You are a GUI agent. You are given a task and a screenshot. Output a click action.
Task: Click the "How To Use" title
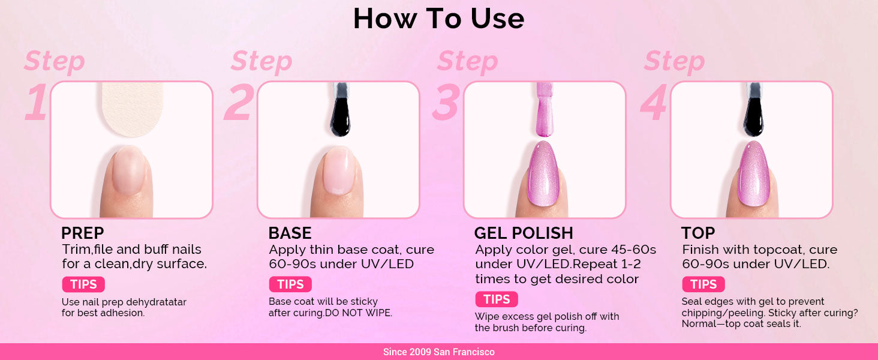point(438,19)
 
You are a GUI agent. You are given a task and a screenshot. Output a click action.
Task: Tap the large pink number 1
point(36,101)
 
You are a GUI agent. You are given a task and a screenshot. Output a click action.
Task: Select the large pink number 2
point(239,101)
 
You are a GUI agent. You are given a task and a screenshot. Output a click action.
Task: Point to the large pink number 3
point(446,101)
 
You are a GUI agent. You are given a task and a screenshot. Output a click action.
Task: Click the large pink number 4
point(654,101)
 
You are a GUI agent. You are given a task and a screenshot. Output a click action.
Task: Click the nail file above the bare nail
point(133,109)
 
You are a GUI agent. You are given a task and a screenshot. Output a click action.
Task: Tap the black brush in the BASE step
point(340,110)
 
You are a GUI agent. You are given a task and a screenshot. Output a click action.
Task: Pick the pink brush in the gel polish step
point(545,109)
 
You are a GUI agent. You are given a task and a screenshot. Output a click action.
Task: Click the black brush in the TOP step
point(753,110)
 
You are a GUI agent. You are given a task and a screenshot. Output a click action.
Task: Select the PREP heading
point(82,233)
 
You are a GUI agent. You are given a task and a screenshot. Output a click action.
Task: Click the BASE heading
point(290,233)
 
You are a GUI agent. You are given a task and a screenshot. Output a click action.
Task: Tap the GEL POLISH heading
point(524,233)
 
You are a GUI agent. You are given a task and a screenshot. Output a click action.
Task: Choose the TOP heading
point(697,233)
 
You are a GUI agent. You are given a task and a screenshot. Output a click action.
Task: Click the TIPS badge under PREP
point(83,284)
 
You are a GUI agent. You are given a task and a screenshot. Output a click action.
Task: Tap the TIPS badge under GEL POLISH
point(497,299)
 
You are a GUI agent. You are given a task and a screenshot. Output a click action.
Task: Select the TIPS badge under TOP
point(703,284)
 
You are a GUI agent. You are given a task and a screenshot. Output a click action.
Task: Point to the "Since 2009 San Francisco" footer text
point(438,352)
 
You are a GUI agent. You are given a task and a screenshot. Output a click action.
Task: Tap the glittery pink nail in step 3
point(543,174)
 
